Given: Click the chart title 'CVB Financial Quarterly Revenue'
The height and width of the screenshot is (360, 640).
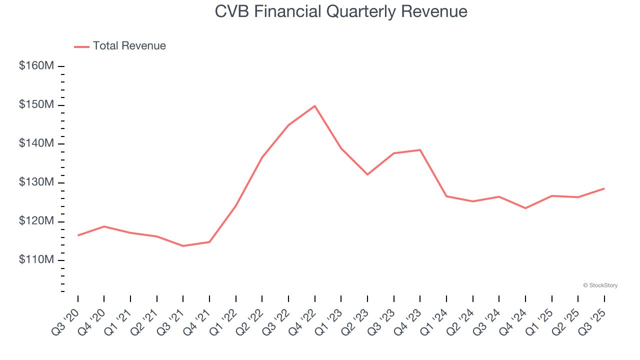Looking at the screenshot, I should (341, 11).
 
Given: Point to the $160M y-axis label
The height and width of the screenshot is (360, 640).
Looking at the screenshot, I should (36, 66).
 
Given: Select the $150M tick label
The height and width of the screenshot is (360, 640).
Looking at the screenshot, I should (36, 105).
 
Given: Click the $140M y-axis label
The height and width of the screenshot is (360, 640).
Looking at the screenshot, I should (36, 144).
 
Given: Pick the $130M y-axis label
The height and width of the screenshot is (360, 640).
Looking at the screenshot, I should (36, 182).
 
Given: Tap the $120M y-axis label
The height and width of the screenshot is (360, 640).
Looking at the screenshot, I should (36, 221).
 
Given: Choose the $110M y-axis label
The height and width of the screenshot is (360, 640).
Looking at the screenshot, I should (36, 260).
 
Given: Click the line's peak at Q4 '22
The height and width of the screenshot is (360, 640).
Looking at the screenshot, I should (314, 106).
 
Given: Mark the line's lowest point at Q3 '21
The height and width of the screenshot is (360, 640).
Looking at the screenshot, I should (183, 246).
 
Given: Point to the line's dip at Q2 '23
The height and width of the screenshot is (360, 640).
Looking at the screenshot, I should (367, 174).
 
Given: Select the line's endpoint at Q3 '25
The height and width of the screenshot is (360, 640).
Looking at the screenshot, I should (604, 188).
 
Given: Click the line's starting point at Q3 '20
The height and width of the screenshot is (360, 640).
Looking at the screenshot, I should (78, 235).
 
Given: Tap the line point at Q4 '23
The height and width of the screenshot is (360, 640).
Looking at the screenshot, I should (420, 150).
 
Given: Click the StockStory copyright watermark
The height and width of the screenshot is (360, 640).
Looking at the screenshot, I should (600, 285).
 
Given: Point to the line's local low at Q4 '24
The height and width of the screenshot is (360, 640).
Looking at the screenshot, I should (525, 208).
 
